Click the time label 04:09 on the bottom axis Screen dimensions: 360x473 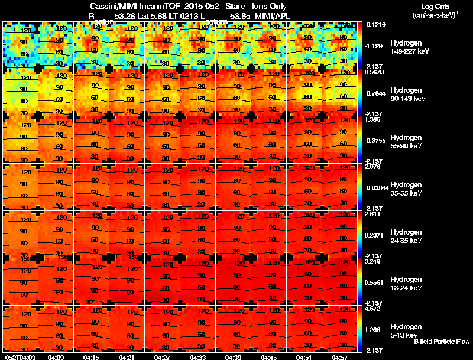(56, 357)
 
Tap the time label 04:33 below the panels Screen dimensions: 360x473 (198, 357)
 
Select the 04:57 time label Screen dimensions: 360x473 (339, 357)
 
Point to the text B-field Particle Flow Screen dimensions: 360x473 (441, 342)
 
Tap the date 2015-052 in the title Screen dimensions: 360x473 (203, 7)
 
